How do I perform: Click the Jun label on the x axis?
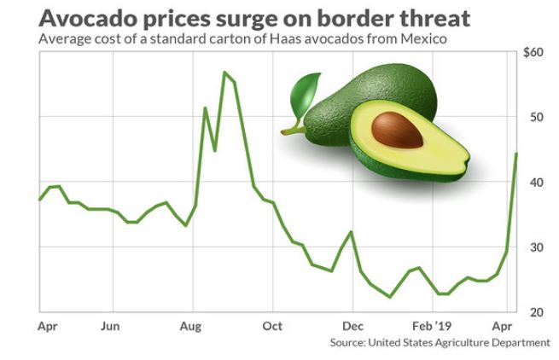109,326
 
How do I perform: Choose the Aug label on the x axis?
191,326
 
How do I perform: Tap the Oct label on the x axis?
272,326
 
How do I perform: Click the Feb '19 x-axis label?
432,326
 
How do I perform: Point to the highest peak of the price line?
224,73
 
